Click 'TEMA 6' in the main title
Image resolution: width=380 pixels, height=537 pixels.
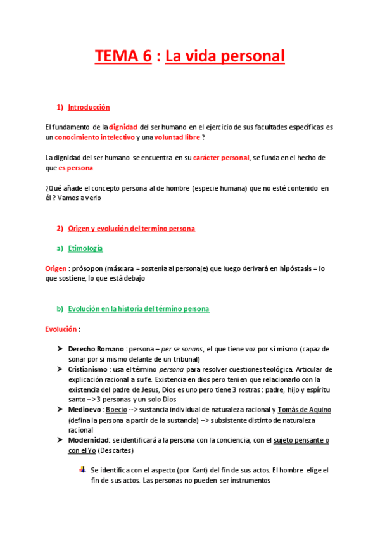pos(123,56)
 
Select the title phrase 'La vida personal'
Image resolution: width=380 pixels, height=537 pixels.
pos(225,56)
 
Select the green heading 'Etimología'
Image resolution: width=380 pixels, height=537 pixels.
pos(85,248)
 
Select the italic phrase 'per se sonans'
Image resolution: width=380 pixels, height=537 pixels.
pos(182,349)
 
